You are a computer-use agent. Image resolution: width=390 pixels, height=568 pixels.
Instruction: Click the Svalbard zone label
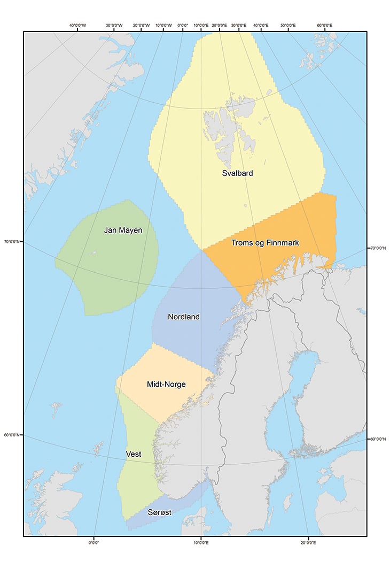pyautogui.click(x=237, y=173)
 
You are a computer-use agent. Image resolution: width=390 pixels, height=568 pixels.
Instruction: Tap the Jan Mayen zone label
pyautogui.click(x=123, y=231)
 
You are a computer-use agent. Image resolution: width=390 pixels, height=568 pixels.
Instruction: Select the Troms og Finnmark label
pyautogui.click(x=265, y=243)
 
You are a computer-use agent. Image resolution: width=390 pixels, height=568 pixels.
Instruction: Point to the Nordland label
pyautogui.click(x=184, y=317)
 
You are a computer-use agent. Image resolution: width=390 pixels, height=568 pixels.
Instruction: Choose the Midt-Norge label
pyautogui.click(x=170, y=384)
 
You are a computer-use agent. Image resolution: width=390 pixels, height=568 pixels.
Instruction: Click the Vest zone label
pyautogui.click(x=134, y=454)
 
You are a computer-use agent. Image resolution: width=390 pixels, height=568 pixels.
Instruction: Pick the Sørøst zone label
pyautogui.click(x=159, y=512)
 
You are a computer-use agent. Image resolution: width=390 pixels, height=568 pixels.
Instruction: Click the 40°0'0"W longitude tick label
pyautogui.click(x=78, y=25)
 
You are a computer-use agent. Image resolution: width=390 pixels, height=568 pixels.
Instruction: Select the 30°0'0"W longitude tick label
pyautogui.click(x=114, y=25)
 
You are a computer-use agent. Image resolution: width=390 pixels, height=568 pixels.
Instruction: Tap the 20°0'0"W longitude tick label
pyautogui.click(x=141, y=25)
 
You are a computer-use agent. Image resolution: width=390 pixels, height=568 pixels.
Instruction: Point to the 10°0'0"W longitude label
pyautogui.click(x=163, y=25)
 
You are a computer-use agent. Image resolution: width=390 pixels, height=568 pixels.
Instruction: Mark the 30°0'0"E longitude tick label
pyautogui.click(x=237, y=25)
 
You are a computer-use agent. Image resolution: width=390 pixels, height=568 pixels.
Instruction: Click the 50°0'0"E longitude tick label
pyautogui.click(x=288, y=25)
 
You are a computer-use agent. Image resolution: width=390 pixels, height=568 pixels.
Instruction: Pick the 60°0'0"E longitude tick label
pyautogui.click(x=325, y=25)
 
